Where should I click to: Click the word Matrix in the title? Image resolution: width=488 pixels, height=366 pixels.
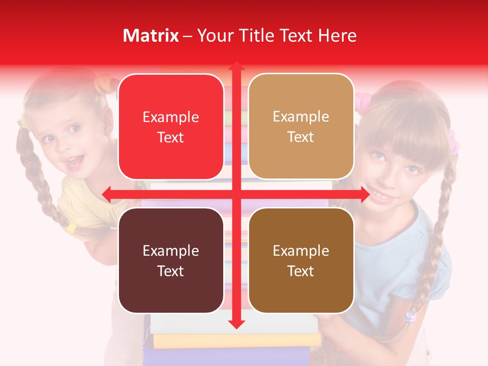point(151,36)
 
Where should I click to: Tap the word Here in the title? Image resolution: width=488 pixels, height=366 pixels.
point(338,36)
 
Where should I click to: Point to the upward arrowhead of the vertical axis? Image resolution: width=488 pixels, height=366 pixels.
point(236,67)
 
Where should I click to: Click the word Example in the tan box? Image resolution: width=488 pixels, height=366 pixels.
point(301,116)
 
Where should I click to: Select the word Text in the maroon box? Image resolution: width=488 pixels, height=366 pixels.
point(171,271)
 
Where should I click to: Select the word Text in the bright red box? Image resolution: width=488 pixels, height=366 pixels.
point(171,137)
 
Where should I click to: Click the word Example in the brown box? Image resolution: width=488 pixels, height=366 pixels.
point(301,251)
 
